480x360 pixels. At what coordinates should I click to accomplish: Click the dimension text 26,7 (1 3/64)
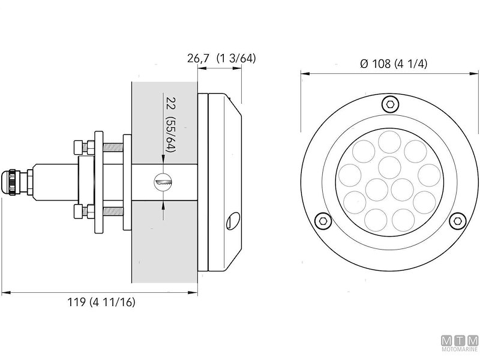(221, 58)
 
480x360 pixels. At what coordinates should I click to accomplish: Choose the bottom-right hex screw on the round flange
(458, 220)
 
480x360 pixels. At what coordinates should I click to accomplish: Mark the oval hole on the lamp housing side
(230, 223)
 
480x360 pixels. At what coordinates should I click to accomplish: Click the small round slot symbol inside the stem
(163, 181)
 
